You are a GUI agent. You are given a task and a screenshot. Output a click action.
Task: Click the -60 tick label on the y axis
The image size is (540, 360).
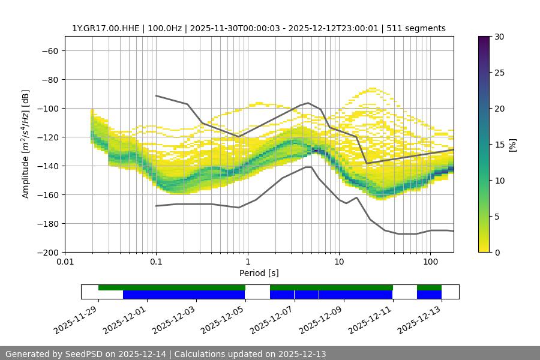[50, 50]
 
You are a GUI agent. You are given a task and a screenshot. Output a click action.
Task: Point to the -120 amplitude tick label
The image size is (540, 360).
[47, 137]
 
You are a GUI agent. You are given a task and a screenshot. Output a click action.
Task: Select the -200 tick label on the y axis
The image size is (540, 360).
[47, 252]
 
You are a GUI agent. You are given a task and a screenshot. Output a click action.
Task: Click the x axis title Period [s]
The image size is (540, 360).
[259, 273]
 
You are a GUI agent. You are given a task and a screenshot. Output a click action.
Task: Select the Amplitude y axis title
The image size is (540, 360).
[26, 144]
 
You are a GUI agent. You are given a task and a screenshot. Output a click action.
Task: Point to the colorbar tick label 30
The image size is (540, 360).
[499, 37]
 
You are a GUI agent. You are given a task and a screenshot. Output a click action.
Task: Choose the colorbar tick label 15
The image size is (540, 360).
[499, 145]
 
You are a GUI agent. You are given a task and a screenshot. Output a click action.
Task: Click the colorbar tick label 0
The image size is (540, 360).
[496, 252]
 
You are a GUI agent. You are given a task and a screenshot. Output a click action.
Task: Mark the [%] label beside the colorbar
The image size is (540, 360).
[512, 145]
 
